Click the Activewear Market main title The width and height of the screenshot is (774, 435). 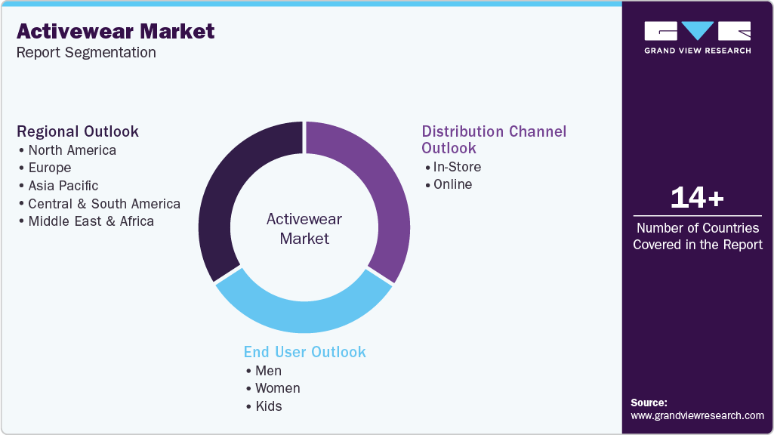tap(116, 32)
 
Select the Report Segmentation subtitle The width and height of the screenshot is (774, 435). tap(86, 53)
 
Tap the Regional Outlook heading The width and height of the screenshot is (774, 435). tap(78, 131)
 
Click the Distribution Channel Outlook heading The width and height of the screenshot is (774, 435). tap(493, 140)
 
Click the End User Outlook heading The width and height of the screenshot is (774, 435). tap(304, 352)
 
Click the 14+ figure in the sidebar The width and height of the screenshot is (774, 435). tap(697, 198)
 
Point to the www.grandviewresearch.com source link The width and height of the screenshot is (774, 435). tap(697, 415)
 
